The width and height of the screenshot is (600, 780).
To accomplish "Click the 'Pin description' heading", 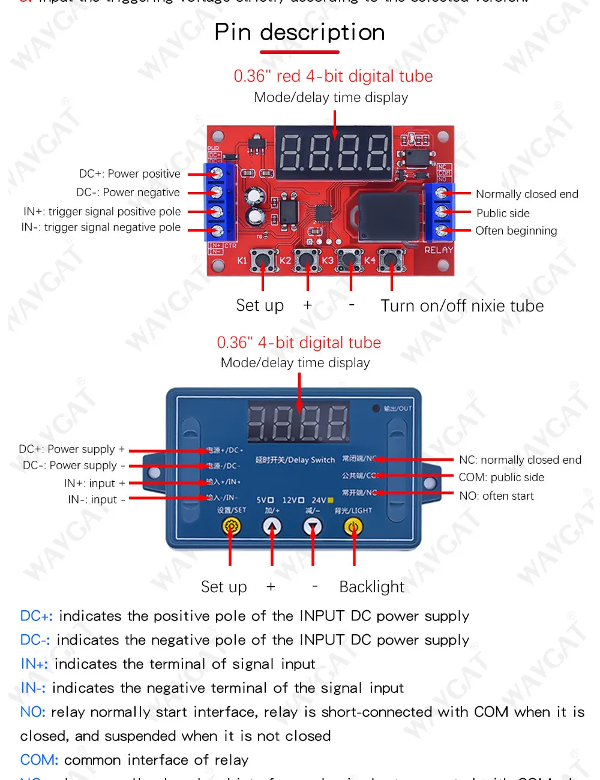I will tap(299, 32).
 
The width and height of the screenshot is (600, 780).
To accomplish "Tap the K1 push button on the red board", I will tap(263, 260).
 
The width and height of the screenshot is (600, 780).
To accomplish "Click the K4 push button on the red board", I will tap(391, 260).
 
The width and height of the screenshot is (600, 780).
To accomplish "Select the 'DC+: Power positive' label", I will tap(130, 174).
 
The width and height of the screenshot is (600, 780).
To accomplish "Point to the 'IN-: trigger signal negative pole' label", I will tap(101, 227).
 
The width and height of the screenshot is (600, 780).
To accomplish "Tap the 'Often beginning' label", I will tap(516, 231).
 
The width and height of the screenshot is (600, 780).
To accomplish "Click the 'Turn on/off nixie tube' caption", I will tap(462, 306).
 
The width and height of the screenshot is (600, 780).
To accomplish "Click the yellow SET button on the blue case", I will tap(232, 527).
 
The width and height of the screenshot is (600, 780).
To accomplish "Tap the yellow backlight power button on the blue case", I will tap(353, 527).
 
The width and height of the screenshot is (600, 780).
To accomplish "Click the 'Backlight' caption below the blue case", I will tap(372, 587).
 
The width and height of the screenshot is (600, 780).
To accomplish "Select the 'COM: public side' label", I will tap(502, 478).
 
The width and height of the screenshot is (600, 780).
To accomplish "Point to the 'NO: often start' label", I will tap(496, 496).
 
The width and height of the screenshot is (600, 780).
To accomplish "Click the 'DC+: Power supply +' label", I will tap(72, 449).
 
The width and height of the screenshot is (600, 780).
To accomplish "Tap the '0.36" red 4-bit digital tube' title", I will tap(333, 76).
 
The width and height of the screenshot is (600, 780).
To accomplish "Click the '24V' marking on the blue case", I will tap(319, 500).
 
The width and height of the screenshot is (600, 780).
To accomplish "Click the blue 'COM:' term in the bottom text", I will tap(39, 760).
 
